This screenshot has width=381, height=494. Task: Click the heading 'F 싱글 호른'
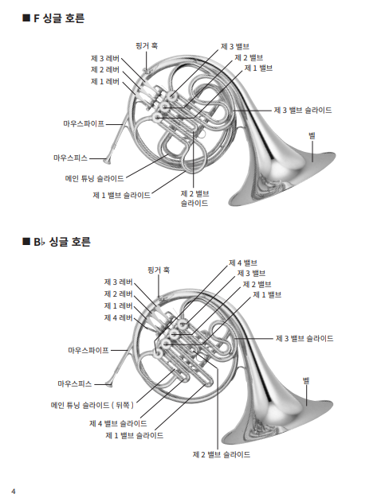click(59, 18)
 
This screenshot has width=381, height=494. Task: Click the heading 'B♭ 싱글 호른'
click(62, 242)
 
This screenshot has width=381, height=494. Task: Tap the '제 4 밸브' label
click(243, 263)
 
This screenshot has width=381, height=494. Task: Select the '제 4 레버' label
click(119, 317)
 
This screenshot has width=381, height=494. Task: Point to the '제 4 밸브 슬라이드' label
click(118, 423)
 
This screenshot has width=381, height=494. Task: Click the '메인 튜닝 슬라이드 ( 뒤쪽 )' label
click(92, 405)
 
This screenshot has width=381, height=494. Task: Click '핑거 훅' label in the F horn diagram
click(147, 46)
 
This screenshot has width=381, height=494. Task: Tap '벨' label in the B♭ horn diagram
click(306, 381)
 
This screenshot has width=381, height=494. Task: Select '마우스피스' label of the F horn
click(70, 158)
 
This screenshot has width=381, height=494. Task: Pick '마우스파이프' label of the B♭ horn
click(88, 350)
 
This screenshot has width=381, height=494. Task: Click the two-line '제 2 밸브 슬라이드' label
click(194, 199)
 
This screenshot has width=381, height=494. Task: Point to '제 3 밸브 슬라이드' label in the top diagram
click(303, 111)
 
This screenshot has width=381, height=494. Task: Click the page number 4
click(14, 491)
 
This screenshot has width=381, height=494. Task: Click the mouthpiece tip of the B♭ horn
click(109, 384)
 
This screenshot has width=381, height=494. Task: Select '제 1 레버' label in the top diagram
click(105, 82)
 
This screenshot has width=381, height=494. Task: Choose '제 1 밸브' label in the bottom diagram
click(267, 295)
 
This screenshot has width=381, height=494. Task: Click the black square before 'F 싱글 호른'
click(26, 18)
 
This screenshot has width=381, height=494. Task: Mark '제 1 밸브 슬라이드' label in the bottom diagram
click(135, 436)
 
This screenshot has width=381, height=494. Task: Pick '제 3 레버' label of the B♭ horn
click(119, 282)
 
